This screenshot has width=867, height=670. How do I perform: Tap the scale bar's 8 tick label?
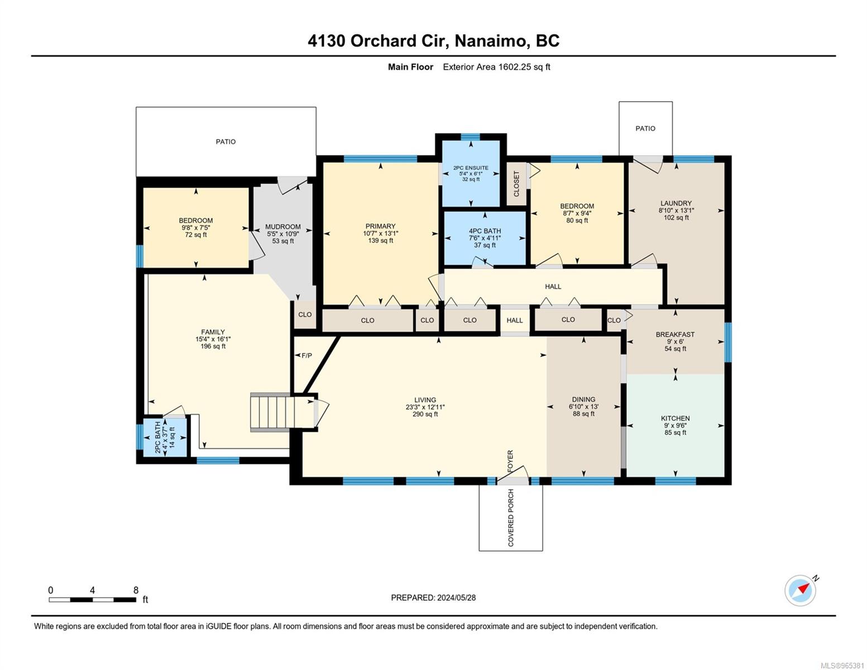(x=136, y=590)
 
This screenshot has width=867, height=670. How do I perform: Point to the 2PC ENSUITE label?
(x=471, y=168)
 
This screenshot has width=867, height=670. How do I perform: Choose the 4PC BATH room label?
(x=485, y=231)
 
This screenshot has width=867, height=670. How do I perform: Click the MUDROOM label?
(x=283, y=227)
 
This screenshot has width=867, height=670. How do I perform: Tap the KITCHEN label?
(x=675, y=418)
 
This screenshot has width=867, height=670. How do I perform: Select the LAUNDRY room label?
(x=676, y=203)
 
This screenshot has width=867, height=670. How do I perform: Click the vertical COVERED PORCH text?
(x=511, y=518)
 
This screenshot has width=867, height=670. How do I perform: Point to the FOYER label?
(x=510, y=461)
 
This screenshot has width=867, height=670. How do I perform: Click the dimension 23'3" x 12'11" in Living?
(x=425, y=407)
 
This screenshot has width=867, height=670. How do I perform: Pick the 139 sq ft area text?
(x=380, y=241)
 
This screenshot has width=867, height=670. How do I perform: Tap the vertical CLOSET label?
(x=516, y=184)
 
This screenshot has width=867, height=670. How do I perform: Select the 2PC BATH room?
(x=165, y=437)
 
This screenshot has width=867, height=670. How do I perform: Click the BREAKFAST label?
(x=675, y=334)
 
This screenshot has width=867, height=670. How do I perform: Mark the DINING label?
(x=583, y=399)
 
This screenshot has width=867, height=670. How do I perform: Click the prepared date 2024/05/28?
(x=456, y=598)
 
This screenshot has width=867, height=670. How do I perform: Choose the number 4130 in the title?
(x=326, y=41)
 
